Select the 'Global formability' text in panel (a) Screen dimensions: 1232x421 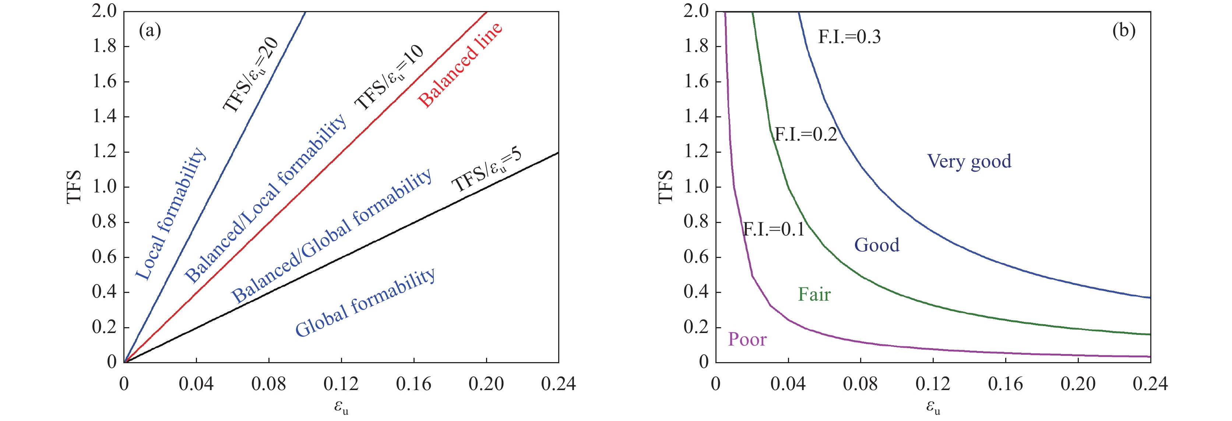tap(365, 303)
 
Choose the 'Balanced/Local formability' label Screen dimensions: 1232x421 tap(265, 198)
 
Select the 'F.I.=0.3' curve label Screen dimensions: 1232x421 tap(849, 37)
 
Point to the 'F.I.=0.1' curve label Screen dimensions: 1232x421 tap(773, 230)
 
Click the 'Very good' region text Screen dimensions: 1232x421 tap(969, 162)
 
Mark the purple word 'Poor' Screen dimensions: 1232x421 tap(747, 339)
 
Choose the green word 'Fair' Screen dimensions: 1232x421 tap(814, 294)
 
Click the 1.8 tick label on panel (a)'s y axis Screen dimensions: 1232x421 tap(104, 46)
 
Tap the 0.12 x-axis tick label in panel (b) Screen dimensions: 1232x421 tap(933, 384)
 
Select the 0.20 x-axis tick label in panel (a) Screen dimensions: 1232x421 tap(486, 384)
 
